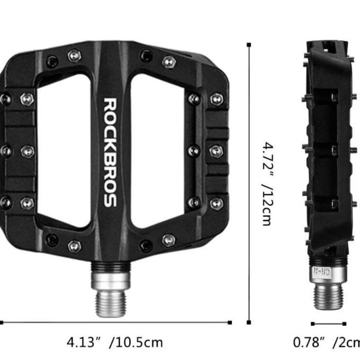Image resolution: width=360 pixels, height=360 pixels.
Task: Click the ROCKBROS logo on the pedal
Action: [x=110, y=152]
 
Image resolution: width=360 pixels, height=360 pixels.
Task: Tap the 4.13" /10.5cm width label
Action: [x=114, y=342]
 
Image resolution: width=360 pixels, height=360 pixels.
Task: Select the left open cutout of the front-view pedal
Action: [x=62, y=151]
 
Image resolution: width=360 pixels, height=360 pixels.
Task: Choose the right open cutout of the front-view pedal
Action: [x=157, y=151]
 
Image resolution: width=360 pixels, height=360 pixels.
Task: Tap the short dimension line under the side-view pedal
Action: [x=328, y=323]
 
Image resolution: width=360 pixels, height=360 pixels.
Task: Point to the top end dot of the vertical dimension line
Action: [x=249, y=45]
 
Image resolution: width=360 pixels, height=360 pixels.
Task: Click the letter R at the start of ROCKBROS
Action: [x=110, y=103]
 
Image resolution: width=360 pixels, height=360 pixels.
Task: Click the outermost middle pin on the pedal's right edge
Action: [x=217, y=151]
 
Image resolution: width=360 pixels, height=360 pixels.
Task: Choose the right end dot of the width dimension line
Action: [x=230, y=322]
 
